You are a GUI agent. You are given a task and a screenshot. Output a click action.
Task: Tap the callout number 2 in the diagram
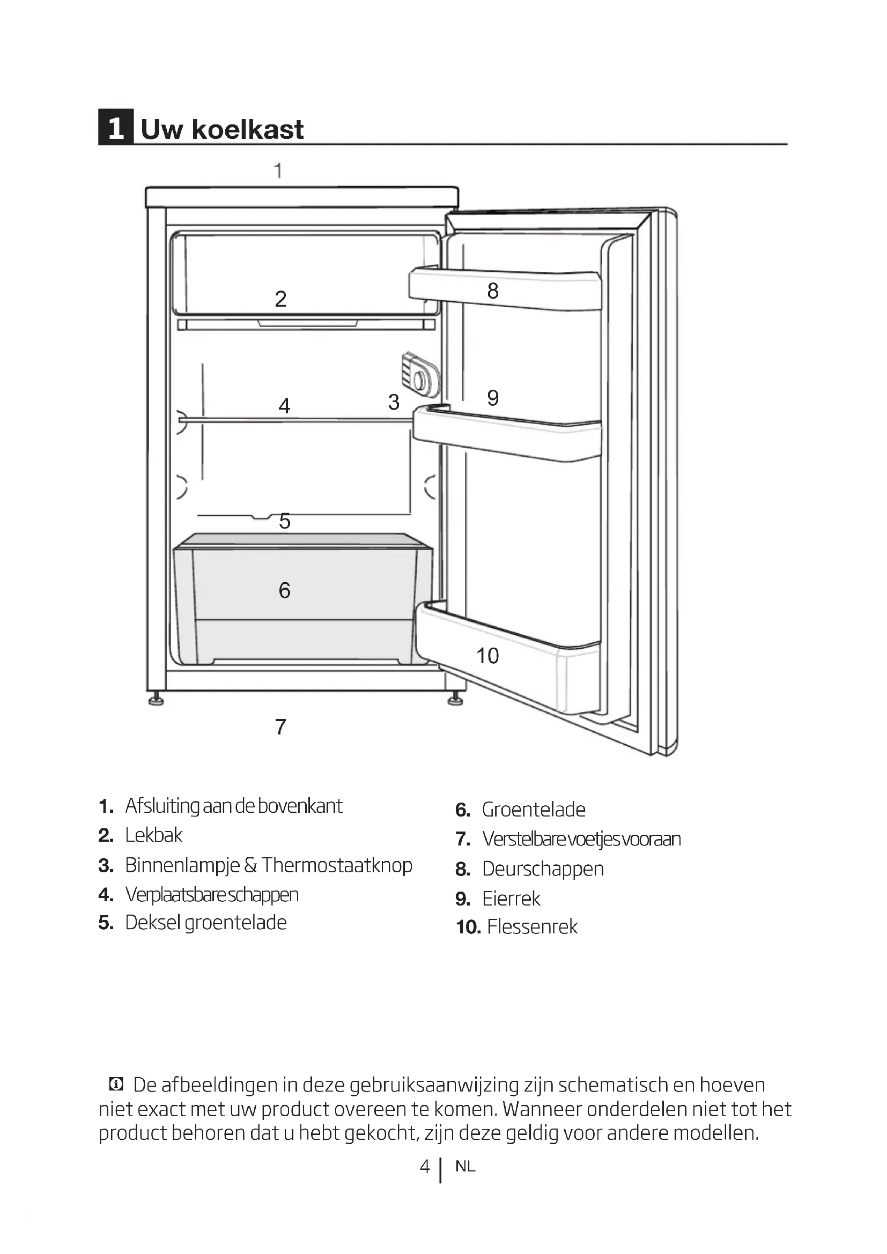[280, 299]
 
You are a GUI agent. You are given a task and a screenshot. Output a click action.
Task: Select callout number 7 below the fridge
[280, 727]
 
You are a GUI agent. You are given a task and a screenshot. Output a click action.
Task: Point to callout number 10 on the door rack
[487, 655]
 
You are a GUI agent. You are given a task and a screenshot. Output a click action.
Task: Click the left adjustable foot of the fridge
[156, 701]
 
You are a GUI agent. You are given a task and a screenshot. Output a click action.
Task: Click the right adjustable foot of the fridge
[455, 700]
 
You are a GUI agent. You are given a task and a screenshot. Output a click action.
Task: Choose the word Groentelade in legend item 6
[533, 810]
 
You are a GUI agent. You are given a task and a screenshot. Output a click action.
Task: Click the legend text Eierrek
[511, 899]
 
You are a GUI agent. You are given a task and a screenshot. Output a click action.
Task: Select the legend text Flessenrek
[532, 927]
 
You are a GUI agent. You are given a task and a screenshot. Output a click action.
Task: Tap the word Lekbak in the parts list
[153, 835]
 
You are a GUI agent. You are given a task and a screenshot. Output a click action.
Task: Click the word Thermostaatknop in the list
[336, 865]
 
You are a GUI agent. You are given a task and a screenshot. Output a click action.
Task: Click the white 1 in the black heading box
[116, 129]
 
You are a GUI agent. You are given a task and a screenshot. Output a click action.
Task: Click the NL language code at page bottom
[465, 1167]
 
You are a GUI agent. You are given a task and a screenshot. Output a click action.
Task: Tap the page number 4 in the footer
[425, 1167]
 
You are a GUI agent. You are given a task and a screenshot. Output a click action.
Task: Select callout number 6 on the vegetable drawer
[284, 590]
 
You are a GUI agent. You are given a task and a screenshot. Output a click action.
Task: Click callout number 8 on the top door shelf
[493, 291]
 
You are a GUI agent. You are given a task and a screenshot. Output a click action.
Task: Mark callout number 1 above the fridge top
[278, 171]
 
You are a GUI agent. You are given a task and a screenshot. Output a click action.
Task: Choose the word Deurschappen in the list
[542, 869]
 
